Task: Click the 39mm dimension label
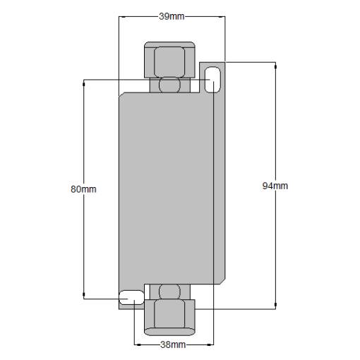pos(172,16)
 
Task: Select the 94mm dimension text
pos(275,186)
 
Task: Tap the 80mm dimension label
pos(83,189)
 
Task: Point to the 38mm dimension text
pos(173,344)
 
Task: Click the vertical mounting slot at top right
pos(212,80)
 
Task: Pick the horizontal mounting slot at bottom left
pos(131,297)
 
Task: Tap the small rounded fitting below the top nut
pos(169,85)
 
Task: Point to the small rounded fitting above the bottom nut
pos(169,292)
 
